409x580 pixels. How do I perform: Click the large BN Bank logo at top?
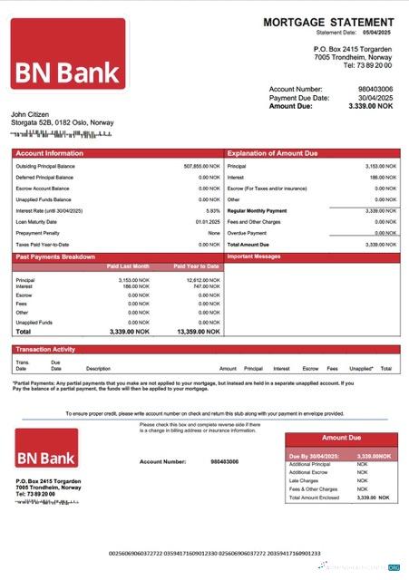68,54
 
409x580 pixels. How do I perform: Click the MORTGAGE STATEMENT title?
328,22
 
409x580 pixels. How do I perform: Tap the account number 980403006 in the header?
375,89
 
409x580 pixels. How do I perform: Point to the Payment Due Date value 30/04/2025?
375,97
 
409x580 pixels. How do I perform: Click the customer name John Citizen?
29,114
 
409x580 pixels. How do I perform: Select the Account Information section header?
49,153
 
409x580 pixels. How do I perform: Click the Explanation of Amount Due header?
272,153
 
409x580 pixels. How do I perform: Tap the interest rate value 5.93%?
213,210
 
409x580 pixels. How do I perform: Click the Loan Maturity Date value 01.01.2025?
208,221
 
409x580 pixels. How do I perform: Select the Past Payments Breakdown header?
56,258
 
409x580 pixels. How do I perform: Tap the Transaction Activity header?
45,349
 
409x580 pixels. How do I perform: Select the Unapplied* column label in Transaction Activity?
361,369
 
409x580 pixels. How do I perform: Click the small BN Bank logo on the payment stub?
51,450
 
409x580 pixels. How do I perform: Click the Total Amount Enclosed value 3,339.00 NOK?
373,498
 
